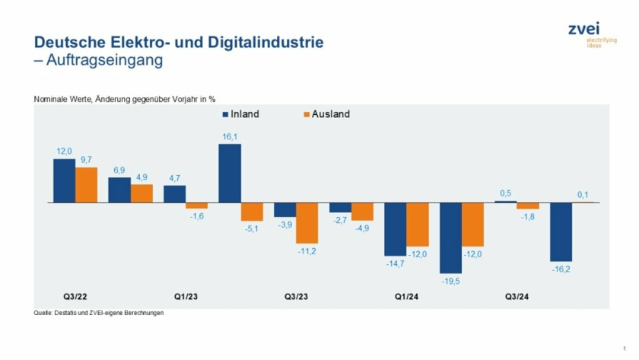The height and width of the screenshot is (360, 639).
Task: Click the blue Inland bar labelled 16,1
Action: coord(230,173)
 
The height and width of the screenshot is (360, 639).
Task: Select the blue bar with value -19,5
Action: coord(450,237)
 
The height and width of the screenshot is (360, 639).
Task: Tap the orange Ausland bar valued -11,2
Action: coord(307,223)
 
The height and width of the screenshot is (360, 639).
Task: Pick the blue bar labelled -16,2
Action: coord(561,231)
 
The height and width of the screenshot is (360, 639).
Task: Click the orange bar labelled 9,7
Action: coord(86,185)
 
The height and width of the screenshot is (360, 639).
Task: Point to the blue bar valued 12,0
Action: coord(64,180)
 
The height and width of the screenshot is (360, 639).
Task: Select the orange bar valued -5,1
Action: coord(252,212)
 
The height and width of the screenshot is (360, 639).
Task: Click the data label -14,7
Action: coord(394,263)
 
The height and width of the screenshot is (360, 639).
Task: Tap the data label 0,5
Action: coord(505,193)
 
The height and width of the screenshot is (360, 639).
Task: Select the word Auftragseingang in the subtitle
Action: coord(104,60)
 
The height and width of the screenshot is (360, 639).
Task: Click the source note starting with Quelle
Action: coord(99,313)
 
